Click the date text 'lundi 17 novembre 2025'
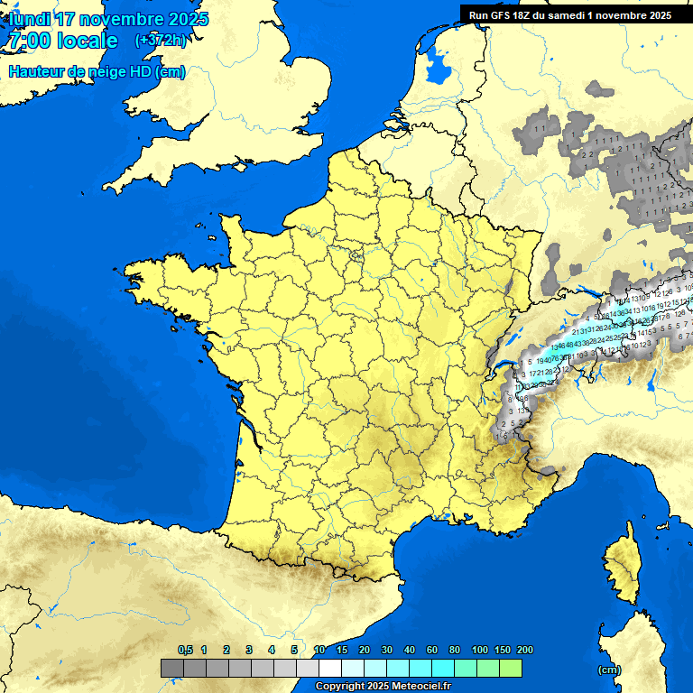click(108, 19)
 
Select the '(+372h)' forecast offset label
click(160, 41)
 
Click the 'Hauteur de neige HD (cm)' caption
click(97, 72)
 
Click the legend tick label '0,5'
click(185, 650)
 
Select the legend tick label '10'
click(319, 650)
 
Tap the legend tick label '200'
click(524, 650)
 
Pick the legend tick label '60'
click(432, 650)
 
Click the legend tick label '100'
click(479, 650)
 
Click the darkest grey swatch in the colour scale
click(171, 669)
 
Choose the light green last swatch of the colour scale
click(511, 669)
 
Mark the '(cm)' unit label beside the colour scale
click(609, 670)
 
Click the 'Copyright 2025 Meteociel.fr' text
click(383, 687)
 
